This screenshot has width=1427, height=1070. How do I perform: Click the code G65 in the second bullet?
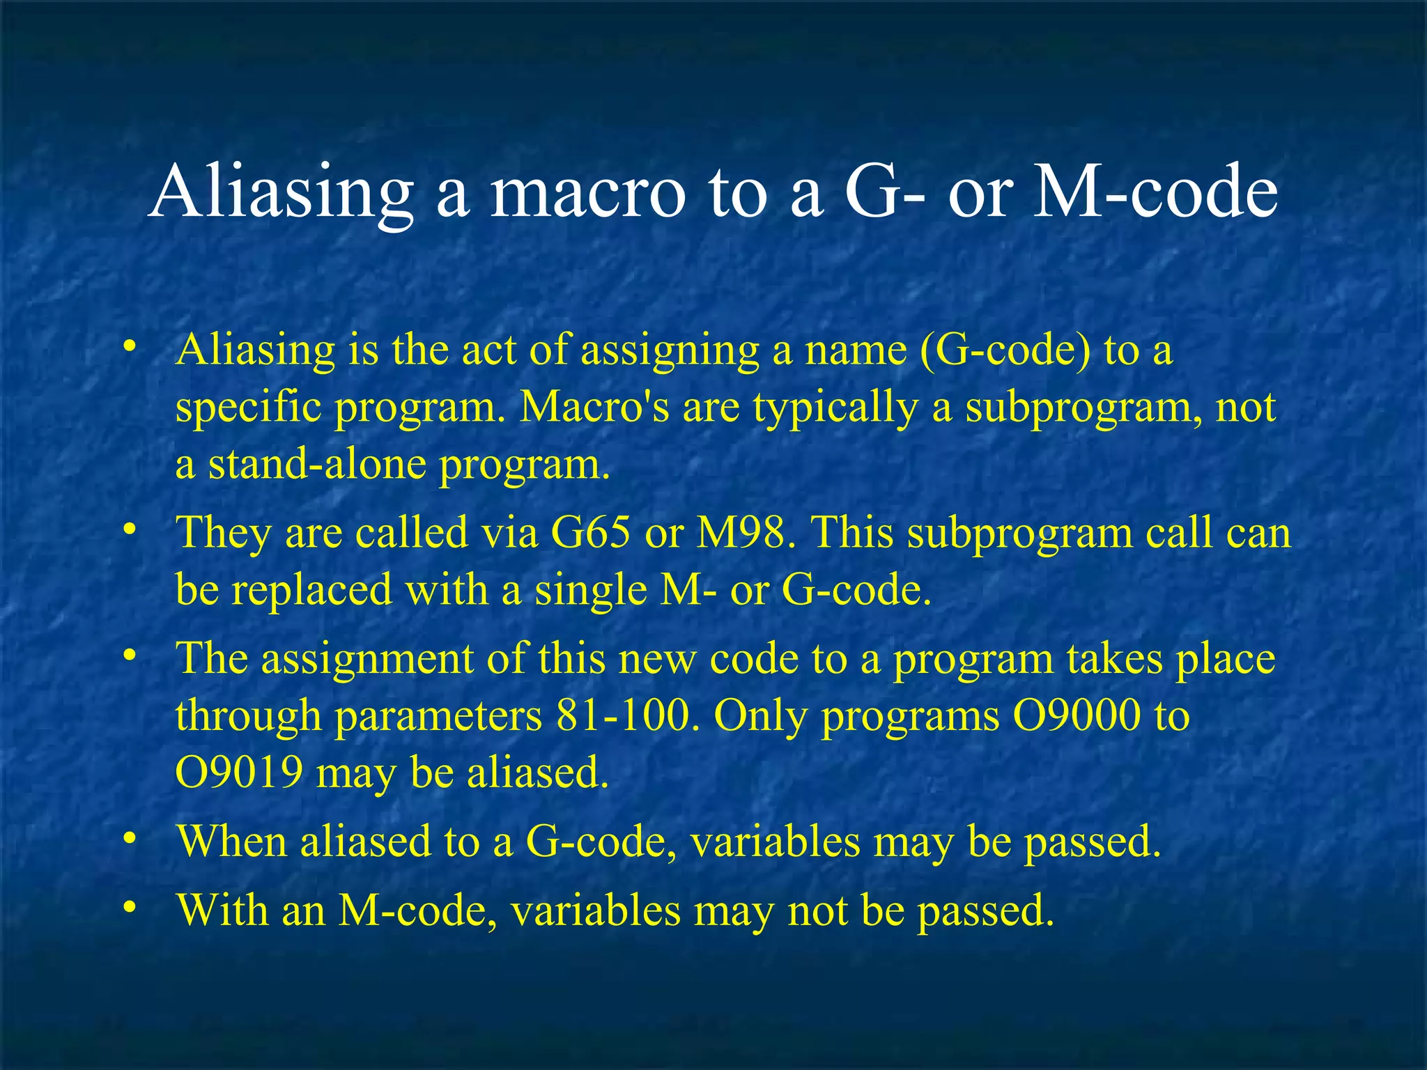(591, 533)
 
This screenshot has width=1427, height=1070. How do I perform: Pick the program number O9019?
(239, 773)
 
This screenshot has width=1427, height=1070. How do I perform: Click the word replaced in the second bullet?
(311, 590)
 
